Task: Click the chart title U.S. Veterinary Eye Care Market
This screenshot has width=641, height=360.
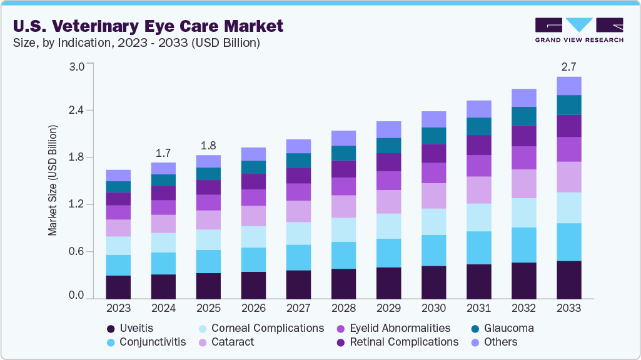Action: click(x=148, y=26)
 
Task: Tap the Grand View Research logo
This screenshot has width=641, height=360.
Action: click(x=578, y=30)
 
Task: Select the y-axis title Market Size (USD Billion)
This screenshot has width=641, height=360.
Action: click(x=53, y=180)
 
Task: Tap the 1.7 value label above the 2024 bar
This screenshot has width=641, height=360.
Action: click(x=163, y=152)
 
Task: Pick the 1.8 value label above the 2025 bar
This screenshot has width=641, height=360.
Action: click(x=208, y=145)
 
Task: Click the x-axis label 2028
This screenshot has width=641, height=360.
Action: click(x=343, y=308)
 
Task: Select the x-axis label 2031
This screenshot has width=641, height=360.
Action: click(x=478, y=308)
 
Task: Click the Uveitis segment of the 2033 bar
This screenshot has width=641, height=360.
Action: click(x=568, y=279)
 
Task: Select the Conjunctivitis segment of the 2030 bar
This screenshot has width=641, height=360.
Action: click(x=433, y=250)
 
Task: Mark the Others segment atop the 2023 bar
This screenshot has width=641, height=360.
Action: click(x=118, y=176)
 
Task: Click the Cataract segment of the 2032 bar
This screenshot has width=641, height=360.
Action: click(x=523, y=184)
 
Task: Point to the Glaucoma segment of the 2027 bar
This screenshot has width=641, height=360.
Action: click(x=298, y=160)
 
